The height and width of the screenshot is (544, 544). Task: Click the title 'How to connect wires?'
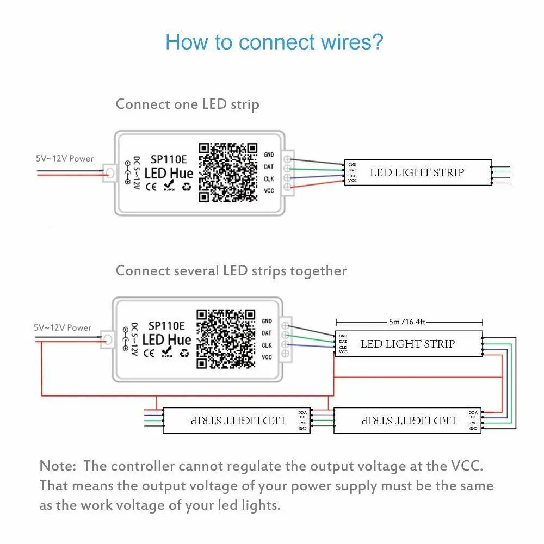(x=274, y=42)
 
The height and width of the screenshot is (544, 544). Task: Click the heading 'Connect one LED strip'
(x=187, y=104)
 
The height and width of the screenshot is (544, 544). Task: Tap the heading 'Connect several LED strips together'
(x=231, y=270)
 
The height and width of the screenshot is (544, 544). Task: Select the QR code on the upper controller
(x=228, y=172)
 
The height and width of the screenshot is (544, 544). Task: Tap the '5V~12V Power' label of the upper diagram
(x=65, y=159)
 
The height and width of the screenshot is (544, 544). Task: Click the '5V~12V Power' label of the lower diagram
(x=63, y=327)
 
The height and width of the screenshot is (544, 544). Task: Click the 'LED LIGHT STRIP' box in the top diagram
(x=417, y=172)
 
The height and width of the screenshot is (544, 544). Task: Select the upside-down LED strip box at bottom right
(x=408, y=421)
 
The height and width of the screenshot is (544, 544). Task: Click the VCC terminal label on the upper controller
(x=269, y=190)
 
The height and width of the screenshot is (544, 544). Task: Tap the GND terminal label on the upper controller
(x=269, y=155)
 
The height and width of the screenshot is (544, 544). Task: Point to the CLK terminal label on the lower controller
(x=267, y=345)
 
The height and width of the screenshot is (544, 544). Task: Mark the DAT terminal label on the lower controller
(x=267, y=333)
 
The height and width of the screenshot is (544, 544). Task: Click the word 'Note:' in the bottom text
(x=58, y=466)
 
